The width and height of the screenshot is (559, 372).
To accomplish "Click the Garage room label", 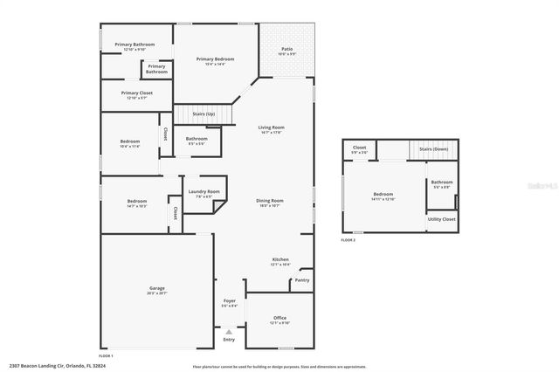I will point(157,288).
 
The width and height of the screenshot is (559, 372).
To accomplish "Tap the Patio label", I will point(287,49).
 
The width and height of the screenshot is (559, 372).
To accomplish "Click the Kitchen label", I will point(280,259).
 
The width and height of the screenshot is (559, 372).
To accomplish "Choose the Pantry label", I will point(302,280).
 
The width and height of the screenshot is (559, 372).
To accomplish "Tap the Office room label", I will point(279,318).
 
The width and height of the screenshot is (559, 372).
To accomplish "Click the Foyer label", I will point(230,302).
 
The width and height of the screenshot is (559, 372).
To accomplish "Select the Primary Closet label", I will point(137,93).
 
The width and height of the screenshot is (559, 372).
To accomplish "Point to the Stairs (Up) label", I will point(204,114).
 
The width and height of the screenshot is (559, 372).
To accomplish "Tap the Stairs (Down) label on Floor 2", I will point(434,149).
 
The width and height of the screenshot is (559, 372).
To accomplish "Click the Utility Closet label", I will point(442,219).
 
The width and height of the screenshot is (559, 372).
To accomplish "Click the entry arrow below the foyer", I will point(229,332).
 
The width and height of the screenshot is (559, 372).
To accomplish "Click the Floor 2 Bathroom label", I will point(441,183).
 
